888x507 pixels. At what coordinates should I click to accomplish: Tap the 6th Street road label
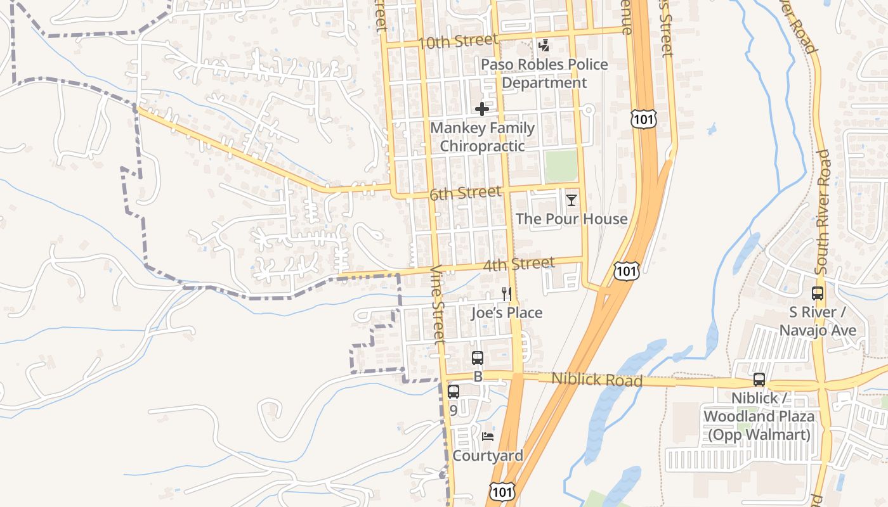click(465, 193)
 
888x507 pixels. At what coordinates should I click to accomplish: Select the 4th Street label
click(518, 263)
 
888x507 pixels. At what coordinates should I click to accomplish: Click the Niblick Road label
click(596, 380)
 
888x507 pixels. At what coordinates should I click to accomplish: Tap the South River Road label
click(822, 212)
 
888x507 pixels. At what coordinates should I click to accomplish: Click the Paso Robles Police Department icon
click(544, 46)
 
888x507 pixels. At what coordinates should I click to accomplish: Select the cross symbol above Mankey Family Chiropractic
click(482, 109)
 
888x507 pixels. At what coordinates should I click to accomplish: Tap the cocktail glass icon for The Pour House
click(571, 200)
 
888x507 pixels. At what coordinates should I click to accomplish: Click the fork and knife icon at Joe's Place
click(506, 294)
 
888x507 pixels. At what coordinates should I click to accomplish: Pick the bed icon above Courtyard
click(487, 437)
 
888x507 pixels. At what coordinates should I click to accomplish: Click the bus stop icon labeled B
click(478, 358)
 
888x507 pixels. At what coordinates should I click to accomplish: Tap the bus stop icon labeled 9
click(453, 392)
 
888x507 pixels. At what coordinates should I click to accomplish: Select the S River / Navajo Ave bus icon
click(818, 293)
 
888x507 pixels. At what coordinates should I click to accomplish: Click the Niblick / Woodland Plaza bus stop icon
click(759, 380)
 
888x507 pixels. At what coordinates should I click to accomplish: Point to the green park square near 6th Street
click(561, 166)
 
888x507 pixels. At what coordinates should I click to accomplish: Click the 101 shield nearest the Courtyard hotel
click(502, 491)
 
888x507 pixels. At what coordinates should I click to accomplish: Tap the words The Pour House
click(571, 219)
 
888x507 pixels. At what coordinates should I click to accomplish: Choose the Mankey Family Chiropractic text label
click(482, 137)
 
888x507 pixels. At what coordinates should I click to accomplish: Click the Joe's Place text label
click(506, 313)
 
